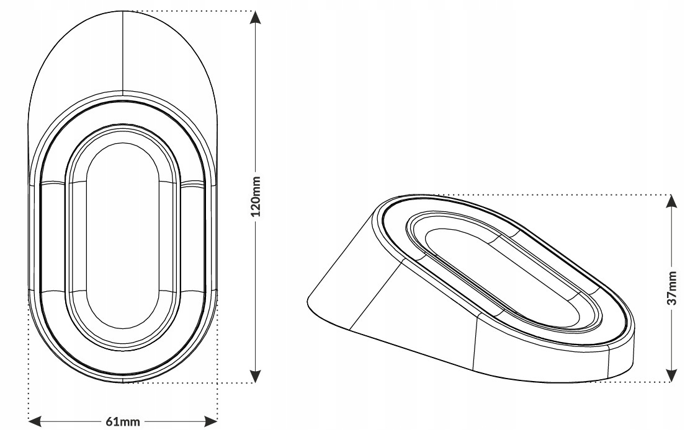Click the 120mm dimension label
(256, 196)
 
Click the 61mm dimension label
(123, 422)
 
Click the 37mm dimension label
(673, 288)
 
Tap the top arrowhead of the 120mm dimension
(256, 17)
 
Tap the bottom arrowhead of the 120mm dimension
(256, 376)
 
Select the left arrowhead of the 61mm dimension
(35, 422)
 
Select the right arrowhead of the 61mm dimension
(211, 422)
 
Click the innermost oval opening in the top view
(87, 235)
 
